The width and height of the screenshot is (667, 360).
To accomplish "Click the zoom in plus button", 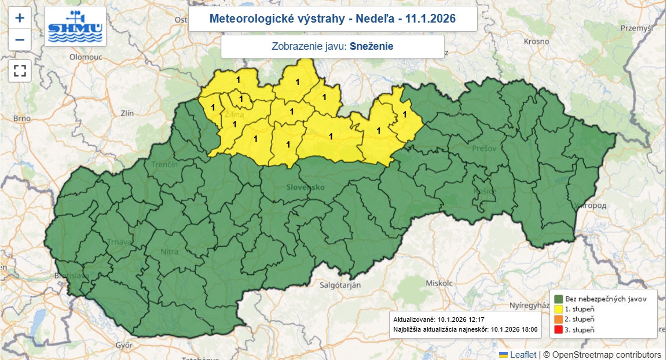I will (20, 18).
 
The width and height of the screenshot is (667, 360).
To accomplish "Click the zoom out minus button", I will (20, 39).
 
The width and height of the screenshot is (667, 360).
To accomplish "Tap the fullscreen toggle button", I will (20, 71).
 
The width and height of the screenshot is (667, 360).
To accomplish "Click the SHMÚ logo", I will (75, 27).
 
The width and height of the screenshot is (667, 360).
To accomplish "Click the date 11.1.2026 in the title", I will (430, 19).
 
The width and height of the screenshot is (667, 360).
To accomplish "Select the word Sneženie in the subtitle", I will (371, 46).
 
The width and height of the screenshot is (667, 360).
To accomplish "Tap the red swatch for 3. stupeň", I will (559, 329).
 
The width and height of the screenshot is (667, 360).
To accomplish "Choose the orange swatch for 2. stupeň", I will (559, 319).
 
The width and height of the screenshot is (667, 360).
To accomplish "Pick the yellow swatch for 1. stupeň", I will (559, 309).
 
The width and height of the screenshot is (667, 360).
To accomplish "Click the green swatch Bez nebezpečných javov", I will (559, 299).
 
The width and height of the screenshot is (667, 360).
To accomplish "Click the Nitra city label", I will (169, 252).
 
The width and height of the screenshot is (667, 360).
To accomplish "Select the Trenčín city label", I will (164, 165).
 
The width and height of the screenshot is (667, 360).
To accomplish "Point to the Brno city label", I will (21, 118).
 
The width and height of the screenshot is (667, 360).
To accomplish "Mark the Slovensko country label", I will (305, 188).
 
